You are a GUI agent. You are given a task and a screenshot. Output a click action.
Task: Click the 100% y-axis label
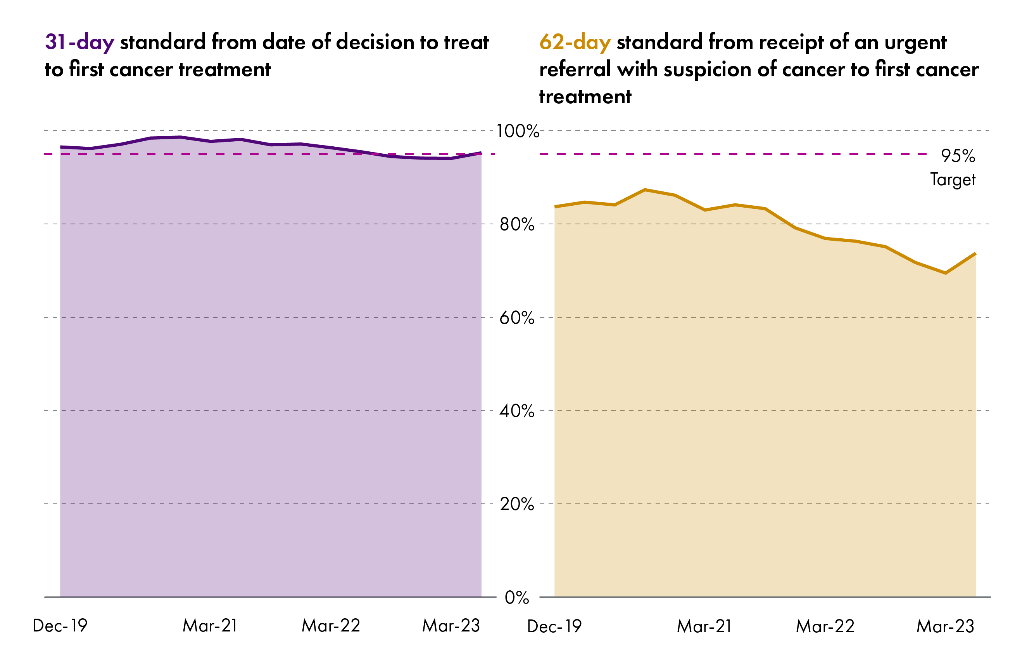517,131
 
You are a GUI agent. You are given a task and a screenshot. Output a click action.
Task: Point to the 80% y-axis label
517,224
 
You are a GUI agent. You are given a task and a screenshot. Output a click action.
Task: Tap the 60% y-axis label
517,318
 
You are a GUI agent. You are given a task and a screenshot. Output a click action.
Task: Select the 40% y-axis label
517,411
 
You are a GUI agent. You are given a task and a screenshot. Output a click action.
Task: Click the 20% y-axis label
517,504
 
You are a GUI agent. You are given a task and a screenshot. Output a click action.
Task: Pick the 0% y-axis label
517,598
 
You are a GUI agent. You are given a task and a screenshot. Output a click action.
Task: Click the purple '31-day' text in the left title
79,43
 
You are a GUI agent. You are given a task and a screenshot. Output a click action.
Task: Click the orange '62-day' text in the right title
575,43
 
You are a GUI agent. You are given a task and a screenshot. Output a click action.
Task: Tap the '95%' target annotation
958,156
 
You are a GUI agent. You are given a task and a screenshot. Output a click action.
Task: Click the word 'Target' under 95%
953,180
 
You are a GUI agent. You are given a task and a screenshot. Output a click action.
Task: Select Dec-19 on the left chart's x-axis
60,626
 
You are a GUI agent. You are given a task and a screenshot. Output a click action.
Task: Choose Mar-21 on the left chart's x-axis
210,626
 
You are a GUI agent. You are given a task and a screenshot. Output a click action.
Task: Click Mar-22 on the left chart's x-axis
331,626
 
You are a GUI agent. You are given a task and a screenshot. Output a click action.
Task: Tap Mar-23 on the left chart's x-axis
451,626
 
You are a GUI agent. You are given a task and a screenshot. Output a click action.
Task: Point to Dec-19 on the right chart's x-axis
554,627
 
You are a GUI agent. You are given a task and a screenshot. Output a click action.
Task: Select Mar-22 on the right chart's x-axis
825,627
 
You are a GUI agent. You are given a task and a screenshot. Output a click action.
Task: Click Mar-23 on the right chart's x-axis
946,627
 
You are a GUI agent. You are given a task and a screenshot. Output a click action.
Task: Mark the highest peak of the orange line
645,189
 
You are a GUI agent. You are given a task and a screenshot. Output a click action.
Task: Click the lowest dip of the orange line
945,273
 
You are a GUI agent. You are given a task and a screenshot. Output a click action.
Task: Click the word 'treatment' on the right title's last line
585,97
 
